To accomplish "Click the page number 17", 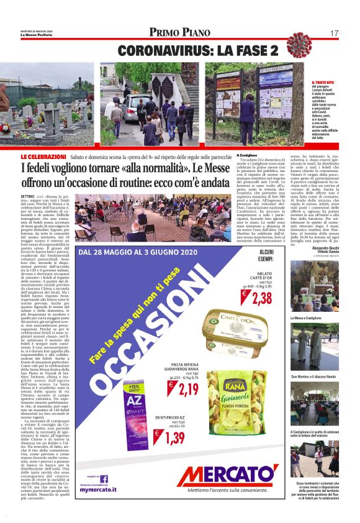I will click(x=334, y=32).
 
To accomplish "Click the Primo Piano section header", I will click(x=179, y=32).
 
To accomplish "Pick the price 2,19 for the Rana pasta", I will click(x=188, y=389).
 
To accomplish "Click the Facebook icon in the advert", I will click(x=104, y=478).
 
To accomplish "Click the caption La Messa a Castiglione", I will click(x=305, y=318).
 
